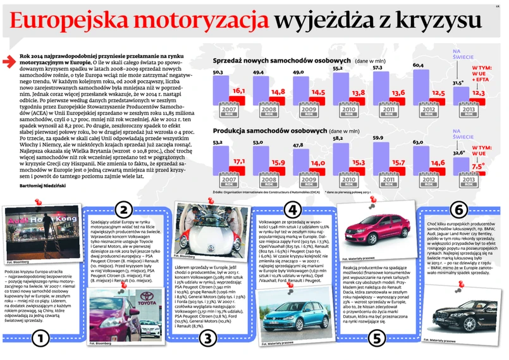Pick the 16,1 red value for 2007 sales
(239, 91)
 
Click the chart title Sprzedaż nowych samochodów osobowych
(283, 60)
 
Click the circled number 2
(124, 210)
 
